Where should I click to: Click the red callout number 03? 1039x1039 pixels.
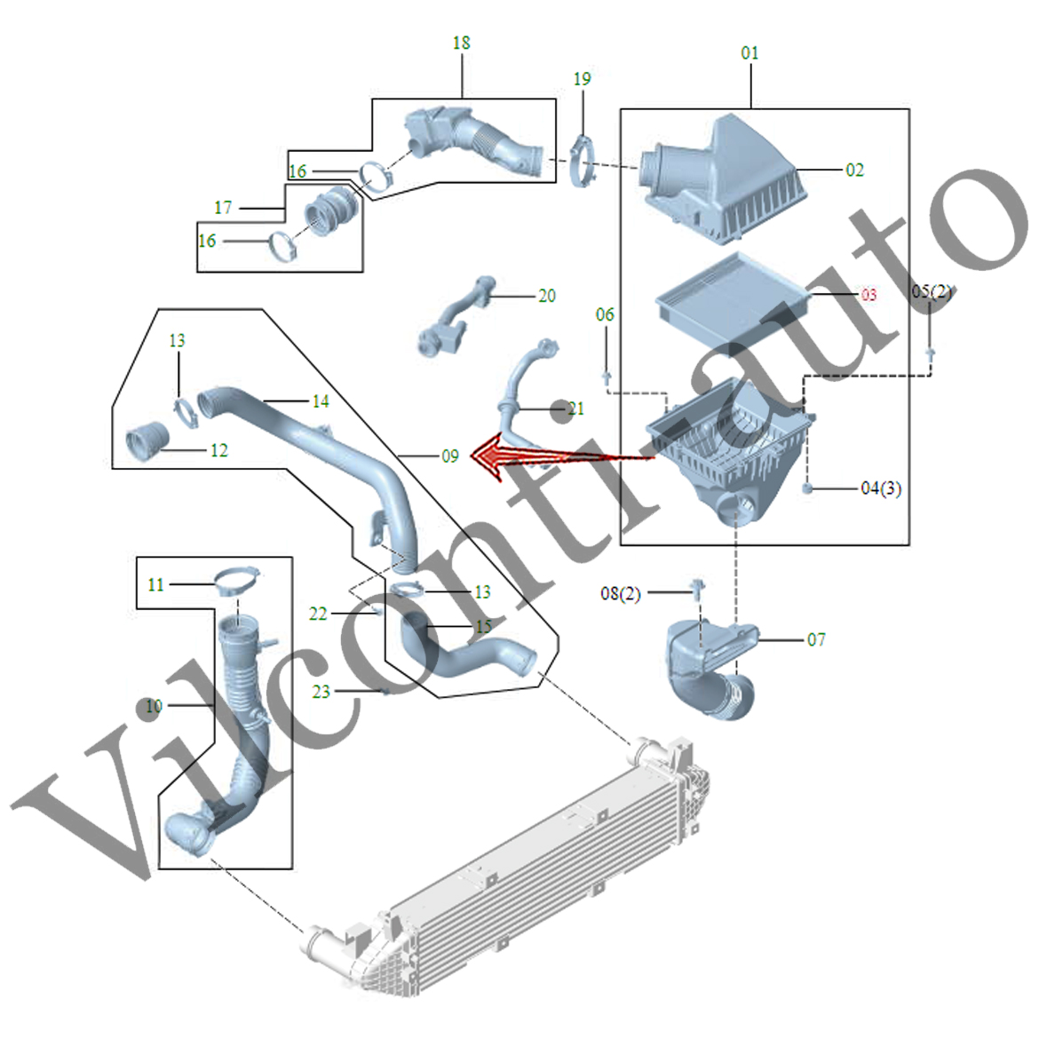[868, 294]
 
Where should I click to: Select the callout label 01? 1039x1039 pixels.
[750, 53]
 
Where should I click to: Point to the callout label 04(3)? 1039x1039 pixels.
[881, 488]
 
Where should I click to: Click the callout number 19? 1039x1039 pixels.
[582, 79]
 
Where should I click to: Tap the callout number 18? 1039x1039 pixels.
[461, 43]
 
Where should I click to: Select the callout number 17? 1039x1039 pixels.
[223, 208]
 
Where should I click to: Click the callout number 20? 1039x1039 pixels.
[547, 296]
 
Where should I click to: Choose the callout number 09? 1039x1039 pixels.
[450, 456]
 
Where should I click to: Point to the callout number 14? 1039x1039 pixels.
[321, 401]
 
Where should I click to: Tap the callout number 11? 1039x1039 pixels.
[156, 584]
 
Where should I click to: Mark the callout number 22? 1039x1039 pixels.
[318, 614]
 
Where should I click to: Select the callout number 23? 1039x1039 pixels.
[321, 692]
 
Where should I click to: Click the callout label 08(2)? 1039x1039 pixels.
[621, 593]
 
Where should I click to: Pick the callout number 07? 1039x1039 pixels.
[816, 639]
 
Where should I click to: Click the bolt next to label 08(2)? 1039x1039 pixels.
[698, 586]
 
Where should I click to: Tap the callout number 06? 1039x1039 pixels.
[605, 314]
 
